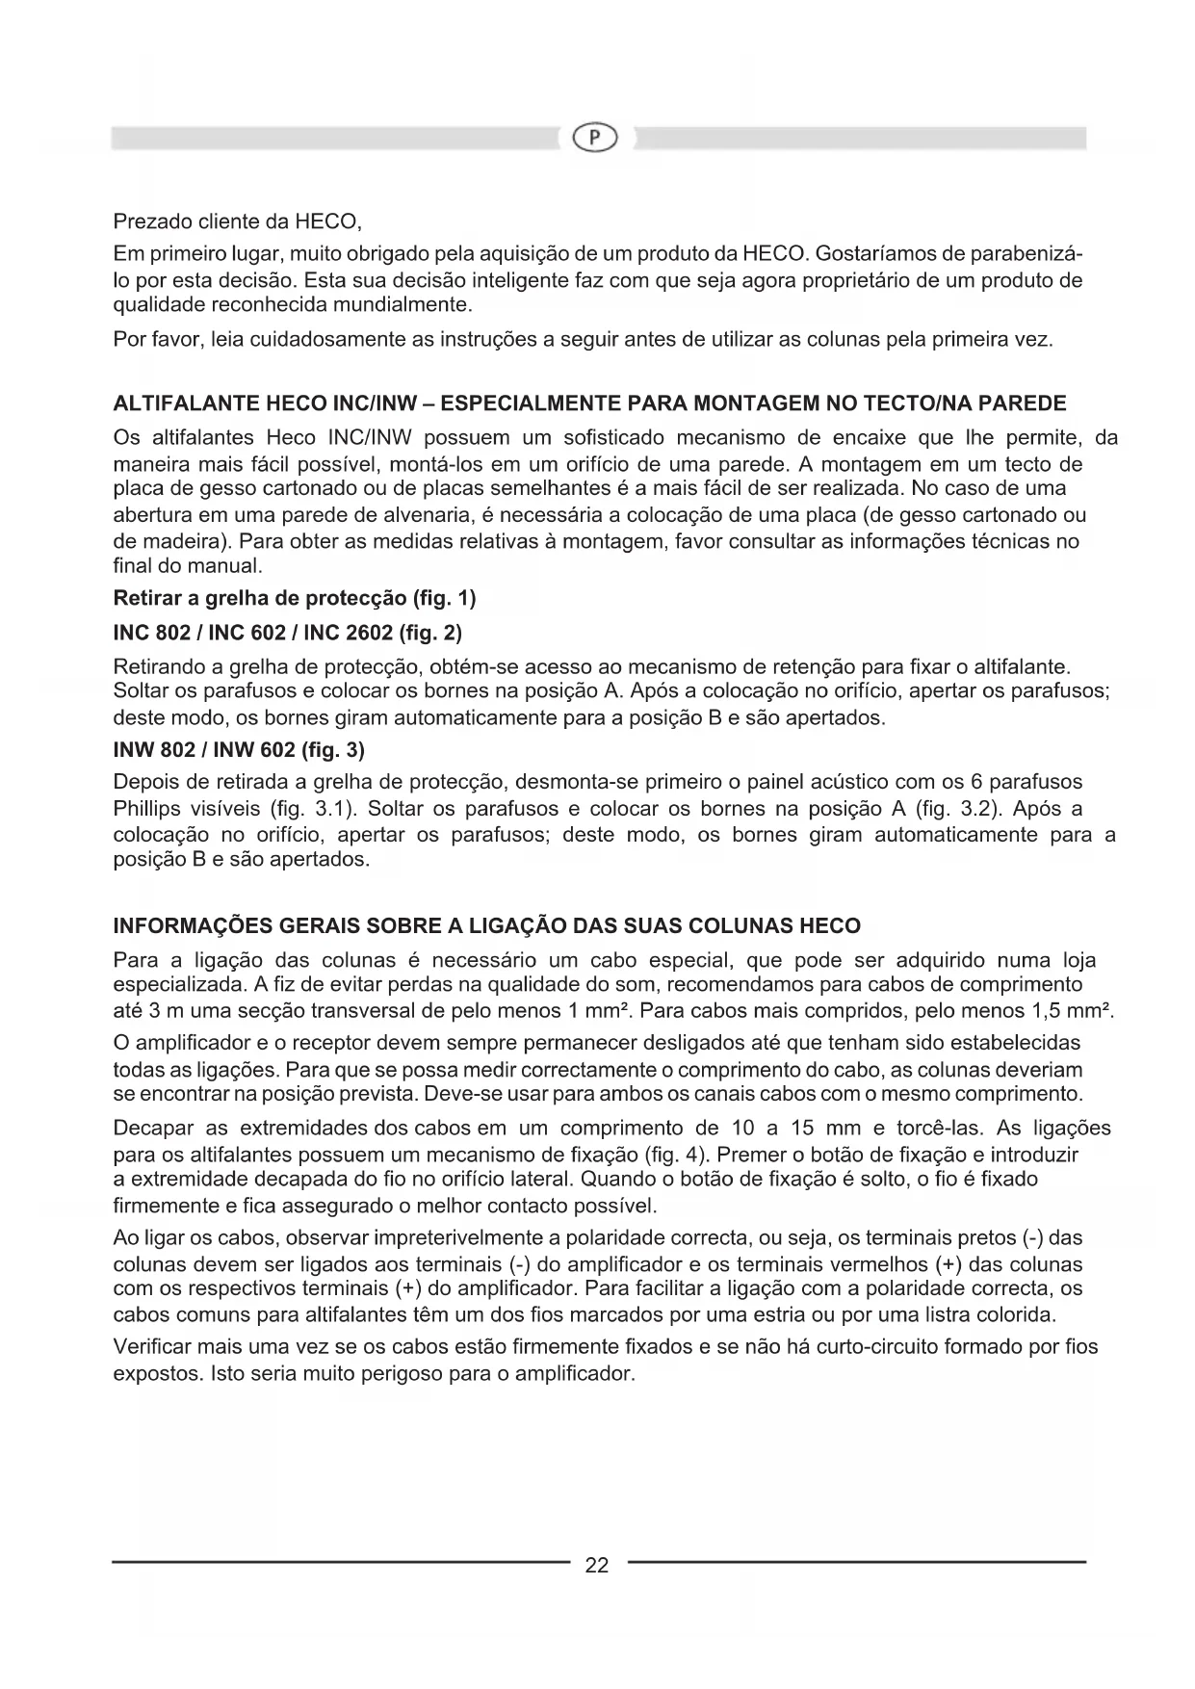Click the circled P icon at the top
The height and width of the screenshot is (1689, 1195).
click(x=595, y=140)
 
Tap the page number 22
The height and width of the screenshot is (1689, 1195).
click(x=597, y=1566)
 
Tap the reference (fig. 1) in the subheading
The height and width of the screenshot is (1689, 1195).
click(x=444, y=599)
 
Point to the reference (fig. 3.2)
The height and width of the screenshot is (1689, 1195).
click(x=944, y=809)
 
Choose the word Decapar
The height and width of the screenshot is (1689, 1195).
click(x=154, y=1128)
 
